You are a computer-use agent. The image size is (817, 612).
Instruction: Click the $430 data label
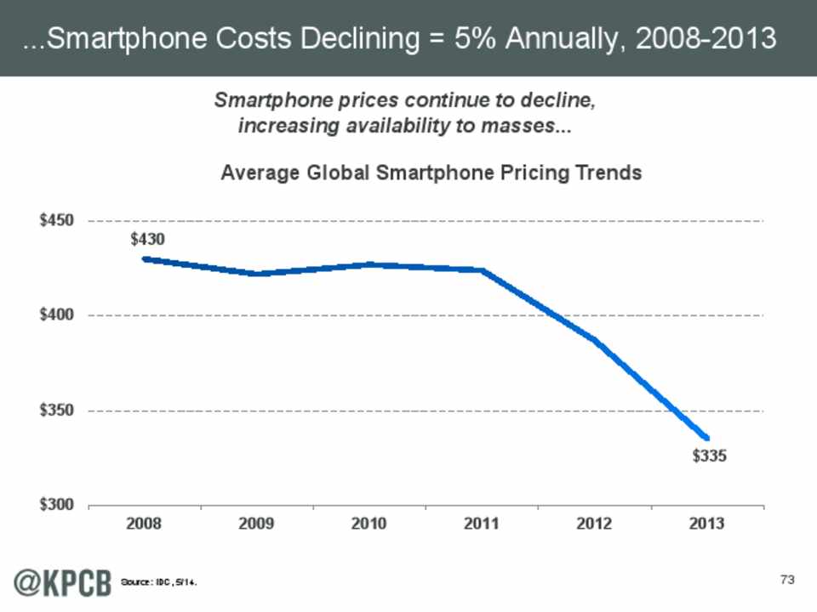click(x=147, y=240)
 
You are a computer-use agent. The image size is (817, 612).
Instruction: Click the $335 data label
click(x=709, y=456)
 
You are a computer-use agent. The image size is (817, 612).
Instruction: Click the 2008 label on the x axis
click(x=145, y=524)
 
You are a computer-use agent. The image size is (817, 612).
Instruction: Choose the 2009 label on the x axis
click(x=257, y=524)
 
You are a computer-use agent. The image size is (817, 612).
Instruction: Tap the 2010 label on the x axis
click(x=370, y=524)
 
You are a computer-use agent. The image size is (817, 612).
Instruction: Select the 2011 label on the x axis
click(x=483, y=524)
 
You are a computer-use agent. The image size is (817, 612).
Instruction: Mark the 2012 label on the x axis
click(x=595, y=524)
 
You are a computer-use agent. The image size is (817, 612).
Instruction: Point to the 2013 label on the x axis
click(x=707, y=524)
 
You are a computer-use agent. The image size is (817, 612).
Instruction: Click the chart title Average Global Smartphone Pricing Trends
click(x=431, y=173)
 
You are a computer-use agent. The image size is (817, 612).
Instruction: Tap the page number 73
click(x=786, y=580)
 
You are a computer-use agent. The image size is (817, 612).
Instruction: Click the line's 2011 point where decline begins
click(x=483, y=270)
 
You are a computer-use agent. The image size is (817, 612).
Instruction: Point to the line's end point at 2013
click(x=707, y=438)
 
